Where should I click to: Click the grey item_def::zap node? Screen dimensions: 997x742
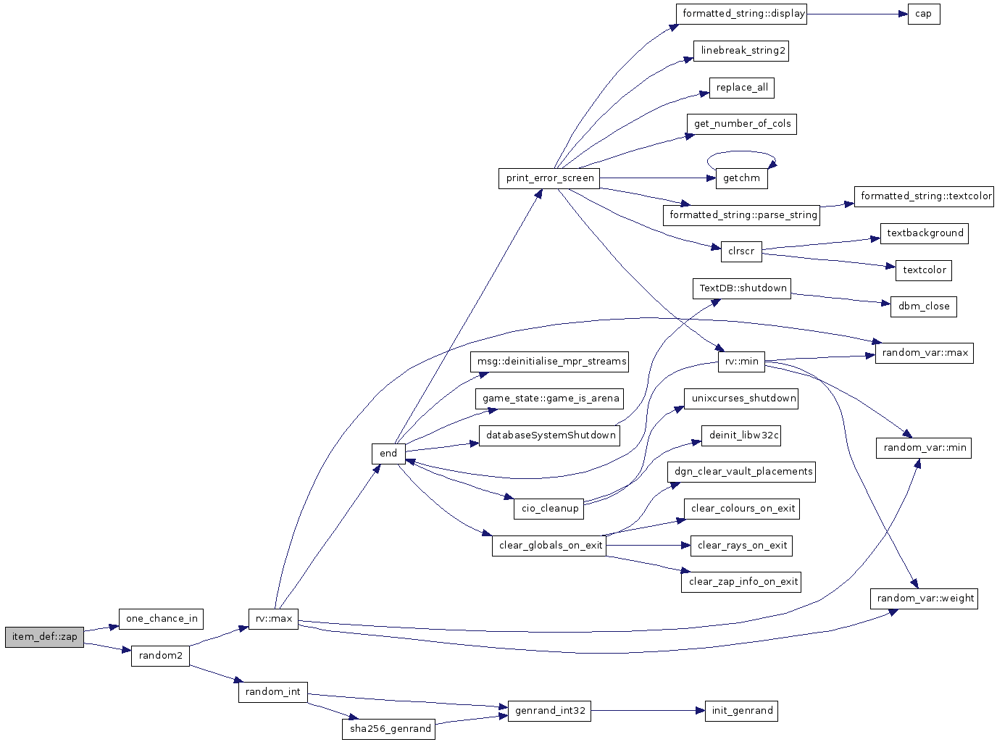44,637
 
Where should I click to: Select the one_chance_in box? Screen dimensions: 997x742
161,619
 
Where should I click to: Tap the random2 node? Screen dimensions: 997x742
160,656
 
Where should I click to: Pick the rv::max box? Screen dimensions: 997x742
273,619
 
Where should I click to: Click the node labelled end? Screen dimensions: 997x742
388,454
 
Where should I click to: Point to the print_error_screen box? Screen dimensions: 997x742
549,178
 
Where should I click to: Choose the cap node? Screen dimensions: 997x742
924,14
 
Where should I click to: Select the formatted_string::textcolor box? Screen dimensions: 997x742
924,196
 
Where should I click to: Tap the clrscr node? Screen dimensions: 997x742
742,251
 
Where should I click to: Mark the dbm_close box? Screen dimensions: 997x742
924,307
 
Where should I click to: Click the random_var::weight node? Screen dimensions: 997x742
924,599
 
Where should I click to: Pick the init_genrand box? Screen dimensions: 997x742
742,711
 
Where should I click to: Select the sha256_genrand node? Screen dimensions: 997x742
389,729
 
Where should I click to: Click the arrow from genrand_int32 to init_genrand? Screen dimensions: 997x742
648,711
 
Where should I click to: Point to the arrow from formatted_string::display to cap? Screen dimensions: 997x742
857,14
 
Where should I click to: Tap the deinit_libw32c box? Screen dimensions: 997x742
741,435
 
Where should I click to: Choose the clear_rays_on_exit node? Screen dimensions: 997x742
742,546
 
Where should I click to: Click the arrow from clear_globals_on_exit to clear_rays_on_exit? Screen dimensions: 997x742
648,546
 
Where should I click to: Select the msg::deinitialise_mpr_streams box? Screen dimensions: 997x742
549,362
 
